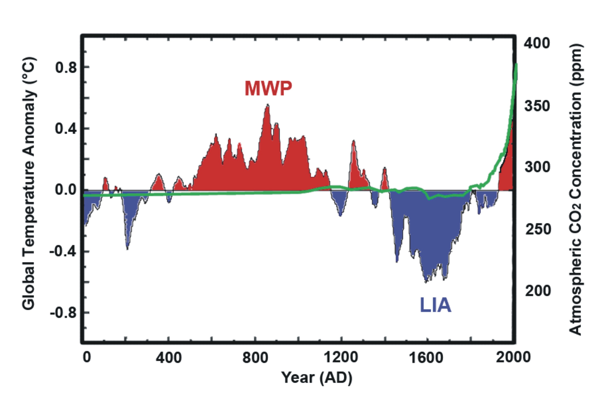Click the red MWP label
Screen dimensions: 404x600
pos(268,88)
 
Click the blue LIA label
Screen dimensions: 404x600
pos(436,305)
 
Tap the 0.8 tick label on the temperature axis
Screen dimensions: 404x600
pos(66,67)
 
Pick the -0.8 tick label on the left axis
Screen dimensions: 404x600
pos(63,313)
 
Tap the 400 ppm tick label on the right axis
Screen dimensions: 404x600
pos(537,43)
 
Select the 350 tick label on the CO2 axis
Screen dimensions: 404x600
pos(537,106)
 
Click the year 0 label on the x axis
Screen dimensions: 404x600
pos(87,357)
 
